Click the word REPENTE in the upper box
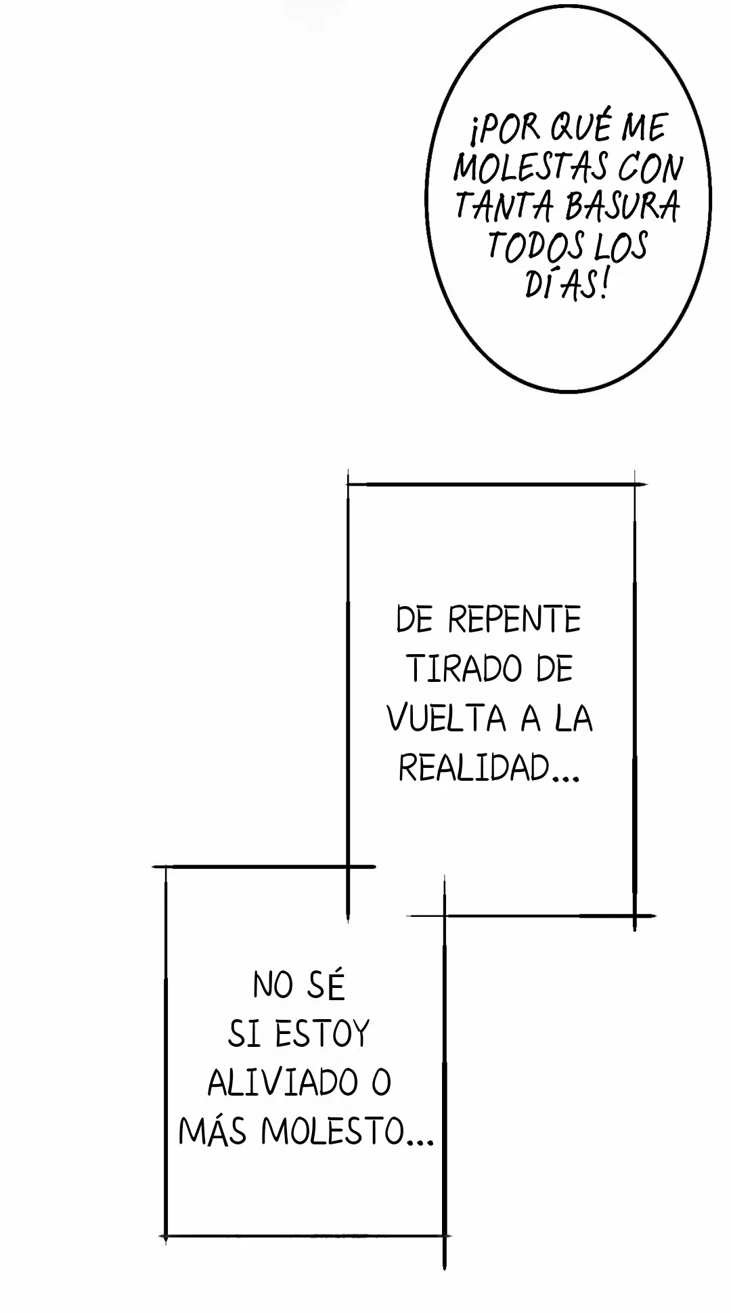(x=514, y=620)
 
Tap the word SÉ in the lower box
(x=326, y=985)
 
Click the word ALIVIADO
(x=282, y=1083)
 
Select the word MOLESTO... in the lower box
(x=347, y=1132)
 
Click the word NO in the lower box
(x=273, y=985)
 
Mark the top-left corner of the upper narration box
(x=348, y=484)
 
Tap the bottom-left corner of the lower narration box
(x=167, y=1236)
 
